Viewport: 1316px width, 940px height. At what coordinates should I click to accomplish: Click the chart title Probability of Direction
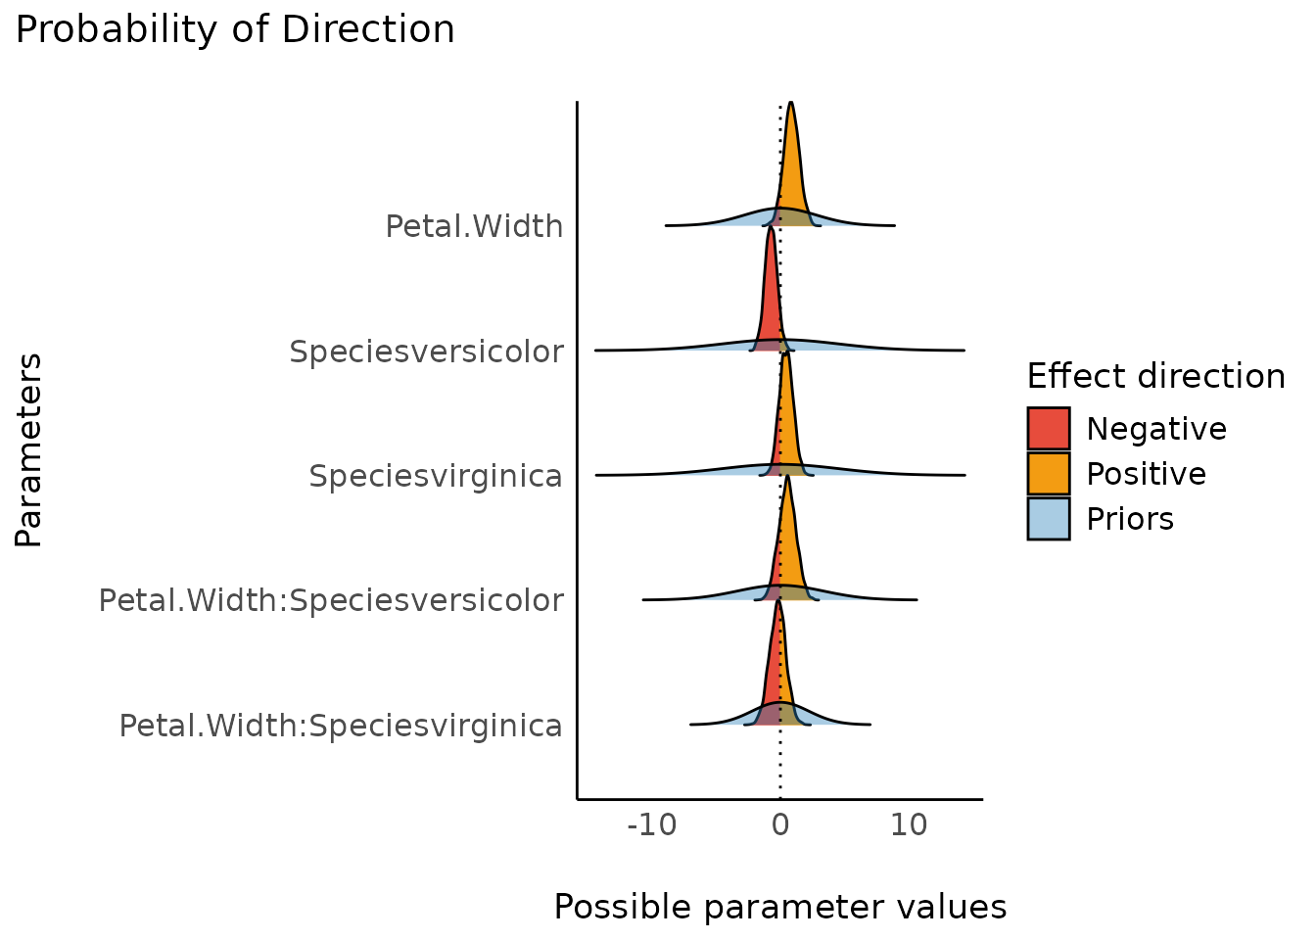click(x=235, y=30)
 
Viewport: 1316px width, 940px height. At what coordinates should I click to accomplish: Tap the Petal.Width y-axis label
click(x=474, y=226)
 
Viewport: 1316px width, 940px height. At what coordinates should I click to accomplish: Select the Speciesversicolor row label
click(x=426, y=351)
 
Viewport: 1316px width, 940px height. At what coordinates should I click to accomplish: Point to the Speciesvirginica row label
click(x=436, y=476)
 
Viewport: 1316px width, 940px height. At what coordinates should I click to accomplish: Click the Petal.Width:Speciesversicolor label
click(x=331, y=599)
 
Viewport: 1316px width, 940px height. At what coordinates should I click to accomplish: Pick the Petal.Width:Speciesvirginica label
click(x=341, y=726)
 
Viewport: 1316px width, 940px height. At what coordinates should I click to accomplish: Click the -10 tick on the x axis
click(x=652, y=825)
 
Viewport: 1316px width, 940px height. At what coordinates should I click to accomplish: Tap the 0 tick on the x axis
click(x=780, y=825)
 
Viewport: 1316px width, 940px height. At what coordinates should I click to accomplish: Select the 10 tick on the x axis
click(x=909, y=825)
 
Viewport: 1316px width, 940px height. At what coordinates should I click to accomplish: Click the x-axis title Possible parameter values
click(x=780, y=907)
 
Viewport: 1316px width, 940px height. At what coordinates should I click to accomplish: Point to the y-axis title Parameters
click(x=29, y=450)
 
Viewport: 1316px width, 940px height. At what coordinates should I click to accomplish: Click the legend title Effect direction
click(x=1155, y=376)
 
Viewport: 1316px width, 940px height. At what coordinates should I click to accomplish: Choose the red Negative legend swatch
click(x=1049, y=429)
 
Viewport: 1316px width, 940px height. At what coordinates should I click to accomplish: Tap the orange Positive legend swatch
click(x=1049, y=474)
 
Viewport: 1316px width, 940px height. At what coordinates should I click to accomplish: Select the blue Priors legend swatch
click(x=1049, y=518)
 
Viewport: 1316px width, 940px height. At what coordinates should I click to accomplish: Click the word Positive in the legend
click(x=1146, y=474)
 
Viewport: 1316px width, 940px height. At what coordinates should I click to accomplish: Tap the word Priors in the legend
click(x=1129, y=518)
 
